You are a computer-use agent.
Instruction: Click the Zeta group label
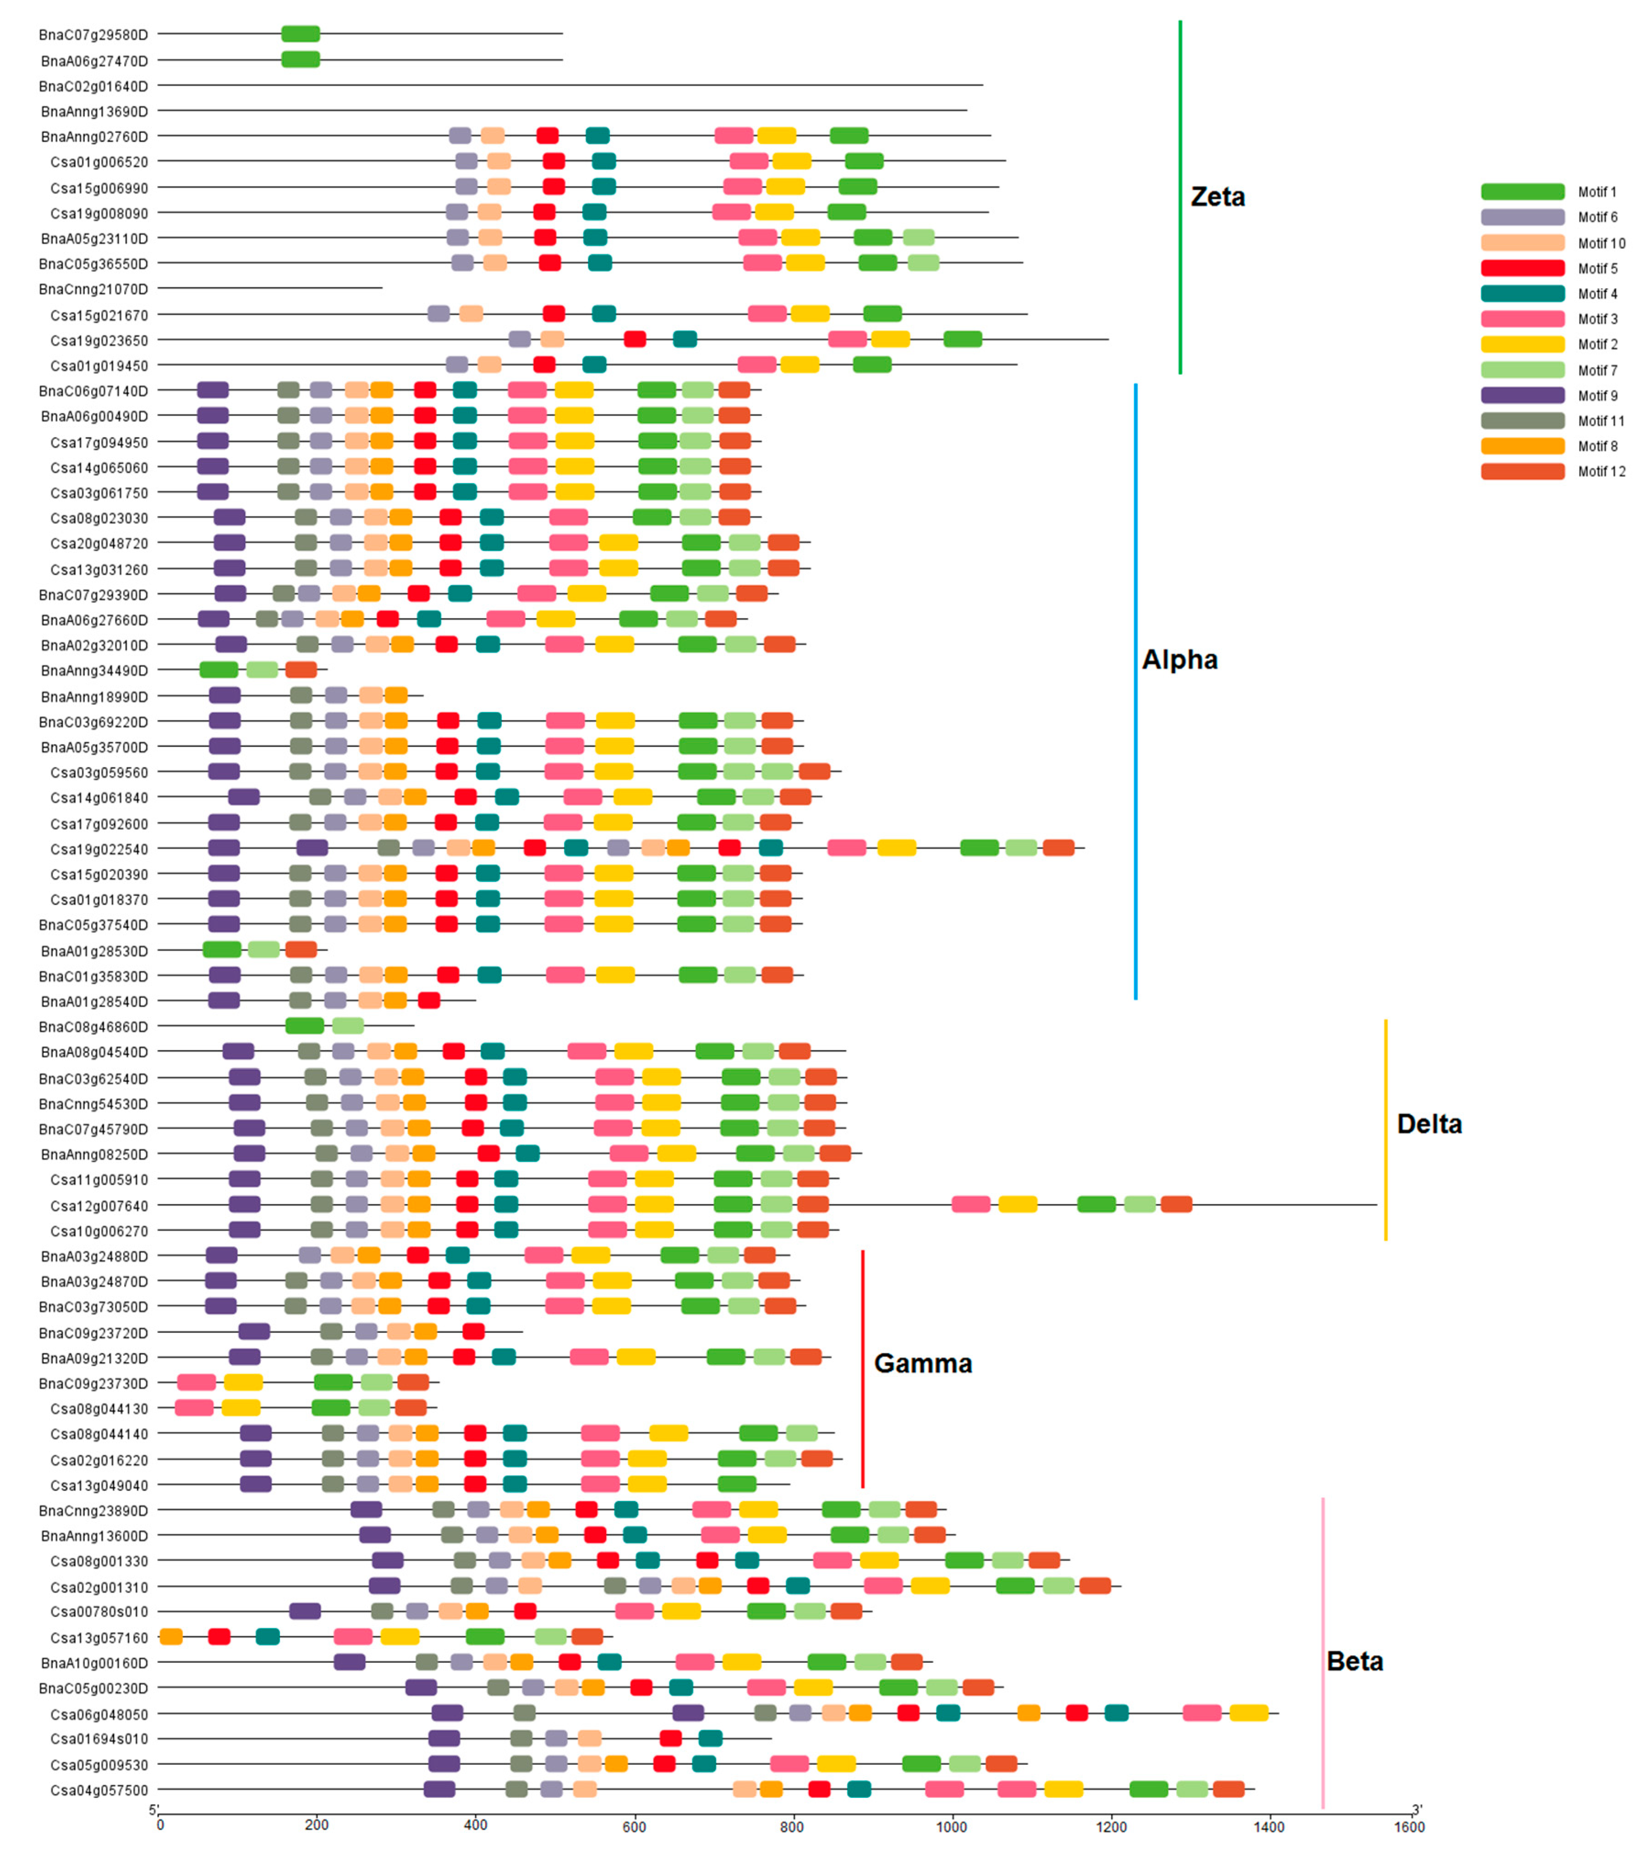click(x=1217, y=197)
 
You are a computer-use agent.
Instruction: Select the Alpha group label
click(x=1180, y=659)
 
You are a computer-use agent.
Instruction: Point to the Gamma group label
click(x=923, y=1364)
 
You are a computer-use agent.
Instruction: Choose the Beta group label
click(x=1355, y=1662)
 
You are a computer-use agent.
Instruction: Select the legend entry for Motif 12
click(x=1601, y=471)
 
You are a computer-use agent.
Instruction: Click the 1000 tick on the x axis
click(x=952, y=1826)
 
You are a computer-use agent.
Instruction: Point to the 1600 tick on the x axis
click(x=1409, y=1826)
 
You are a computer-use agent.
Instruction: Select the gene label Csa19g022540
click(x=98, y=849)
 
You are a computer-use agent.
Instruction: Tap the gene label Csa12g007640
click(x=98, y=1205)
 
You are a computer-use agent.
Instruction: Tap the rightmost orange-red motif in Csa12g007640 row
click(x=1176, y=1204)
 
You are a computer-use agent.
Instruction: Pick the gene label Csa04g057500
click(x=98, y=1790)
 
